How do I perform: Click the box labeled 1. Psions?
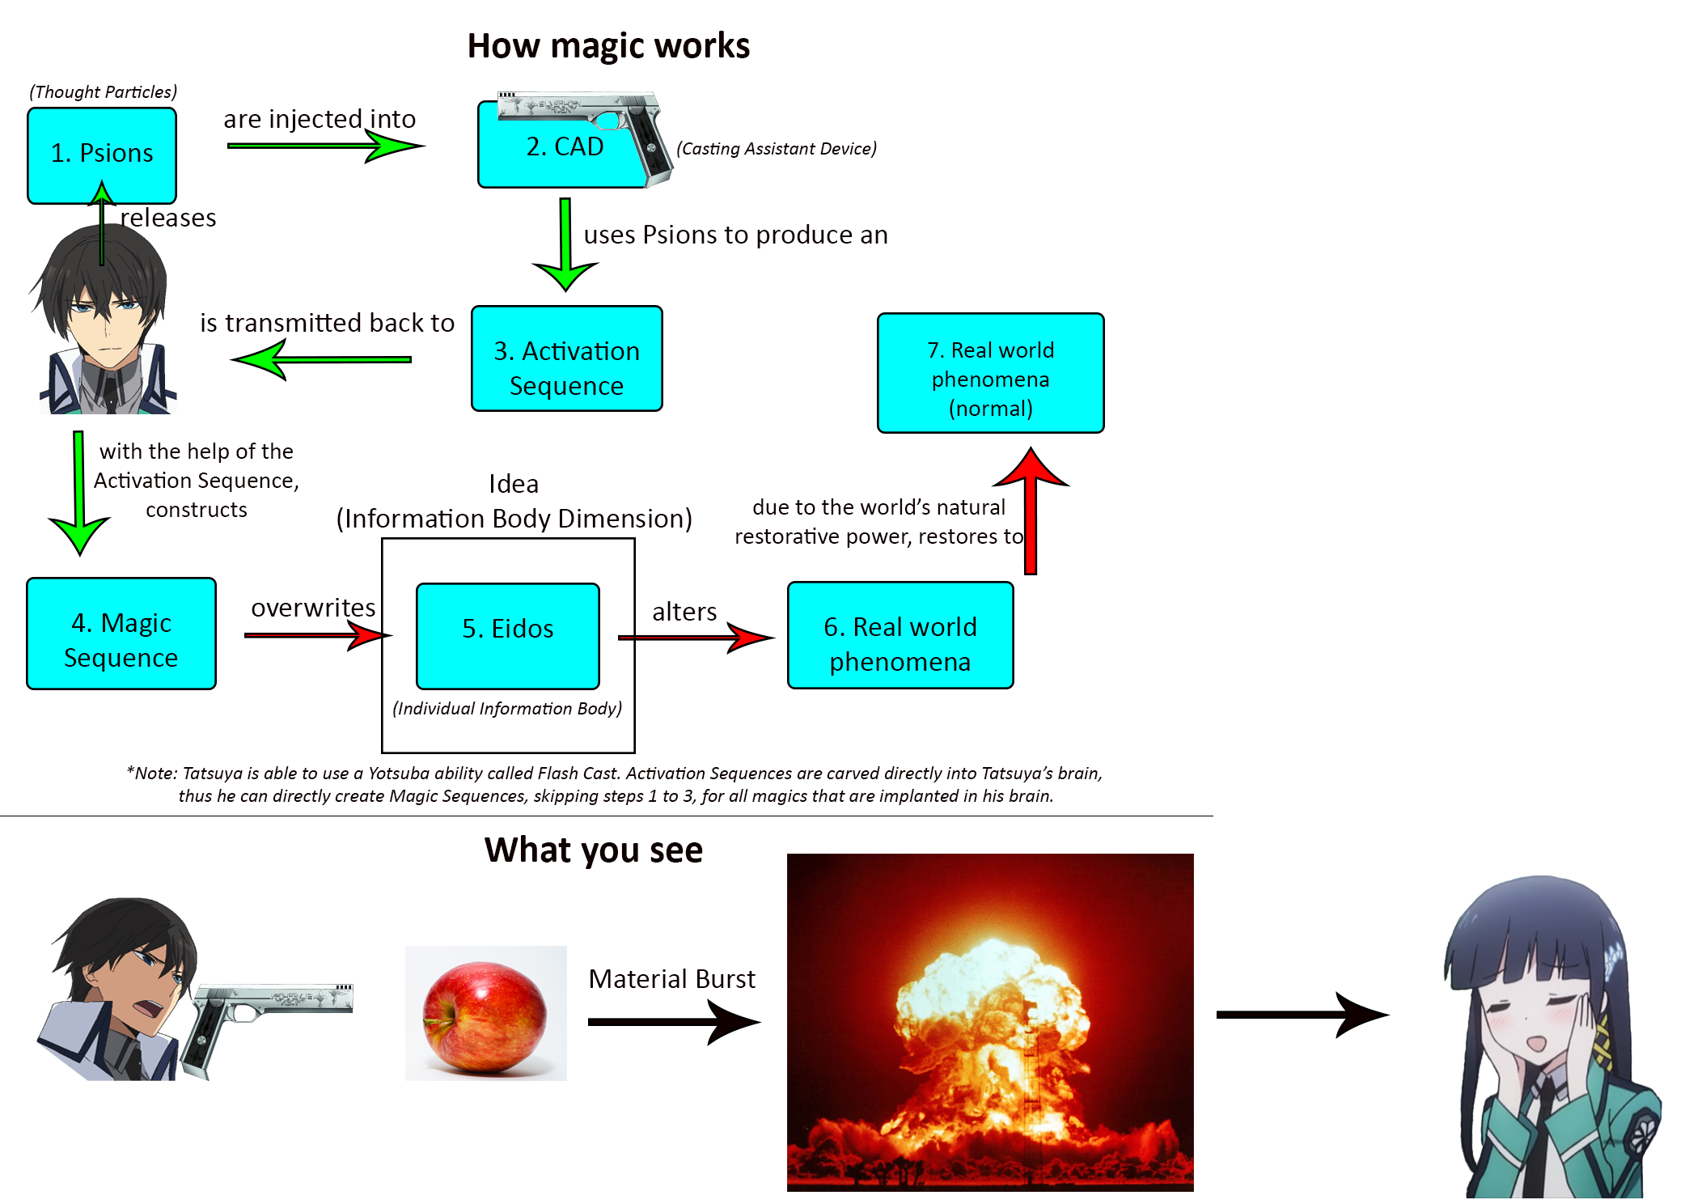click(x=102, y=155)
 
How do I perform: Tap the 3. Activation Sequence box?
click(x=566, y=359)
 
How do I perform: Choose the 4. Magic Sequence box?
click(x=121, y=634)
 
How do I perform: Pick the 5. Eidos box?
click(x=507, y=635)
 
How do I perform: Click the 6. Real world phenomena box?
click(x=900, y=636)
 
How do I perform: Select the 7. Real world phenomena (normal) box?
click(x=990, y=374)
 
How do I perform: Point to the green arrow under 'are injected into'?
click(x=324, y=146)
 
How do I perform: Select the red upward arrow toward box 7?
click(x=1031, y=510)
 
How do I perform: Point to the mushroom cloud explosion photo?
click(x=990, y=1022)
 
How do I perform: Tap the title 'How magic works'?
click(x=608, y=46)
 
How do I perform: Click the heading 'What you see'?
click(x=593, y=850)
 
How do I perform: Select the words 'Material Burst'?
click(x=671, y=979)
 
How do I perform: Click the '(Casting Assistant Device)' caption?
click(x=777, y=149)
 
